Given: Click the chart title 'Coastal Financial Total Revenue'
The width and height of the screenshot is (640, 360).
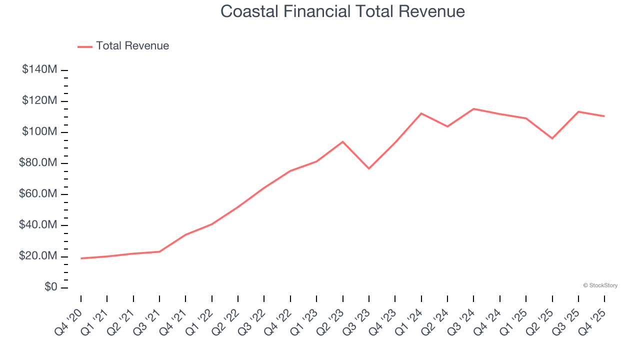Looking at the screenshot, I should pyautogui.click(x=342, y=11).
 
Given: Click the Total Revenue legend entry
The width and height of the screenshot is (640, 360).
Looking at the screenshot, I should pyautogui.click(x=123, y=46).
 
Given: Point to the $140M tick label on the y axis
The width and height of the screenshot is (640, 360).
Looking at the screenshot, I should pyautogui.click(x=39, y=69).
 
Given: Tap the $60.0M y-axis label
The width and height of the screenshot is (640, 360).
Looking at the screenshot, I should pyautogui.click(x=38, y=194).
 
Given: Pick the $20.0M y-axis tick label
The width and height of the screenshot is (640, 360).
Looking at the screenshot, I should pyautogui.click(x=38, y=256).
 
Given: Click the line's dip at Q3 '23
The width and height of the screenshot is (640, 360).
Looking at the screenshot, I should pyautogui.click(x=369, y=168).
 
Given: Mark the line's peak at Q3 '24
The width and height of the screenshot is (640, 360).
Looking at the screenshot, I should pyautogui.click(x=473, y=108).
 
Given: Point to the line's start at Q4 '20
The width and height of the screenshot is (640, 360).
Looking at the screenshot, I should pyautogui.click(x=81, y=258).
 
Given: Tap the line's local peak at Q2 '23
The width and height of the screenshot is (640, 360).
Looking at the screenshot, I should pyautogui.click(x=342, y=141).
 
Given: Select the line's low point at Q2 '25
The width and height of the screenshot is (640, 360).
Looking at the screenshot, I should pyautogui.click(x=552, y=138).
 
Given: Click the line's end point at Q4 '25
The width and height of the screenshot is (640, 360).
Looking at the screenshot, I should pyautogui.click(x=604, y=116).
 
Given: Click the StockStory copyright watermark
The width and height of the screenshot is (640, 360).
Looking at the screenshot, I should pyautogui.click(x=600, y=285).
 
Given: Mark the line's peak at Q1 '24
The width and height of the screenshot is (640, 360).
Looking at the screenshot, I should pyautogui.click(x=421, y=113).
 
